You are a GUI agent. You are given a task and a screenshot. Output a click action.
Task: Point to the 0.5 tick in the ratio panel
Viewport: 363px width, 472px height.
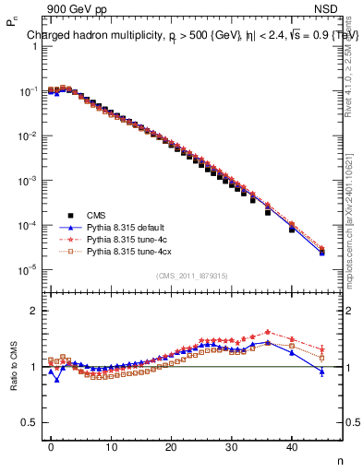click(x=28, y=422)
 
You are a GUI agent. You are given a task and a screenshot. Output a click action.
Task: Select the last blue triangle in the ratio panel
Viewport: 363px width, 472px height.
click(x=321, y=372)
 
